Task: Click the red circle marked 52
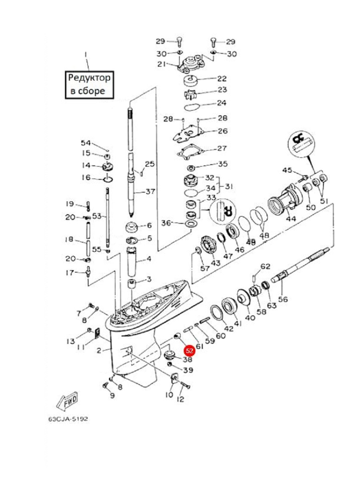(x=189, y=350)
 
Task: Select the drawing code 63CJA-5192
(x=68, y=419)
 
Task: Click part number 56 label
(x=283, y=299)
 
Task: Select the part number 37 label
(x=150, y=192)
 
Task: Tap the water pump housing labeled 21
(x=190, y=62)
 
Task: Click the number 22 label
(x=222, y=78)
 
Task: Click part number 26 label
(x=223, y=131)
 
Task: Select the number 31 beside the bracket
(x=229, y=186)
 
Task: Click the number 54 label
(x=86, y=143)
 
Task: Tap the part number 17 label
(x=70, y=273)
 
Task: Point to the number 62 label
(x=265, y=266)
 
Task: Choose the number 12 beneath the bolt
(x=180, y=399)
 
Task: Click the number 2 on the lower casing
(x=99, y=350)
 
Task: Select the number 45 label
(x=287, y=170)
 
